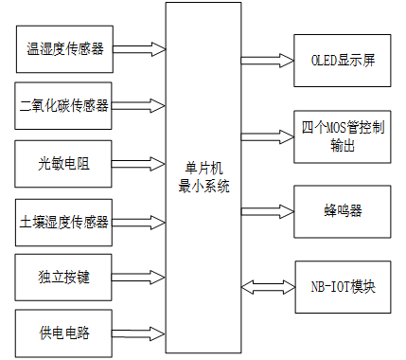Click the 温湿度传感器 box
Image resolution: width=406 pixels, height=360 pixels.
pyautogui.click(x=65, y=50)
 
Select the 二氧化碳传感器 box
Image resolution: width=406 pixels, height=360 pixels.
pyautogui.click(x=65, y=105)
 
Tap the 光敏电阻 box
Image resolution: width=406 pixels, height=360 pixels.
pyautogui.click(x=65, y=163)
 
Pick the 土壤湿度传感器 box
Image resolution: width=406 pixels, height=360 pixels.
pyautogui.click(x=65, y=222)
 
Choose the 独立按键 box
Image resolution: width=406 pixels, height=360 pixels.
pyautogui.click(x=65, y=279)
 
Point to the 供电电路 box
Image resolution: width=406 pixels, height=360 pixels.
pyautogui.click(x=65, y=333)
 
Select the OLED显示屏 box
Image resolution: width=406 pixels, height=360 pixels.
pyautogui.click(x=342, y=59)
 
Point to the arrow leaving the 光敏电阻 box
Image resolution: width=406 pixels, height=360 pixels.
pyautogui.click(x=139, y=163)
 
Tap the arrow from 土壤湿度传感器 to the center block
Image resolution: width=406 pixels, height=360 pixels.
pyautogui.click(x=139, y=221)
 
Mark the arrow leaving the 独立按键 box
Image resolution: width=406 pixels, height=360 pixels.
pyautogui.click(x=139, y=279)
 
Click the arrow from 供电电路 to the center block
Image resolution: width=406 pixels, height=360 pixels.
pyautogui.click(x=139, y=333)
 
